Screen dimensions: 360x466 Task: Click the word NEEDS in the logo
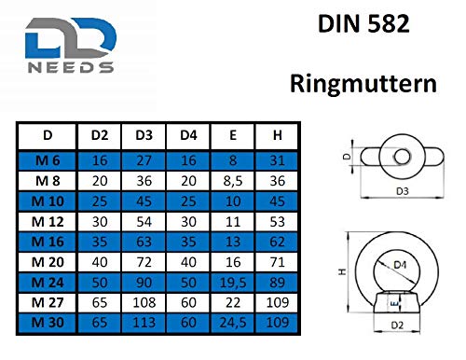69,67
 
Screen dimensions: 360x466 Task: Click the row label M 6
48,160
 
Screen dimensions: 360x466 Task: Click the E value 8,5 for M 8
233,179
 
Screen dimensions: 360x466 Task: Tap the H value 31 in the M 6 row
277,160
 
